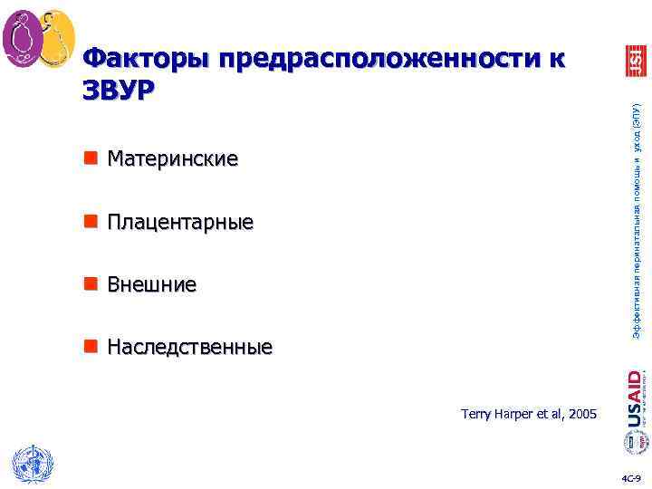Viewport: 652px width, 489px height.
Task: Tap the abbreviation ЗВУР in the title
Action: [118, 90]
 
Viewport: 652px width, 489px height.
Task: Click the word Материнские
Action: [172, 159]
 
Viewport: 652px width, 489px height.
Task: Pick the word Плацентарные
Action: [180, 222]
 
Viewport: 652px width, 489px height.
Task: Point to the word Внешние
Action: [151, 285]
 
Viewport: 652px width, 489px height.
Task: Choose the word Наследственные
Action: [189, 348]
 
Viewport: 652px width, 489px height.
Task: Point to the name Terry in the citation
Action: [475, 414]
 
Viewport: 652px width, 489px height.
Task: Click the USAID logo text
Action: [635, 398]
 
